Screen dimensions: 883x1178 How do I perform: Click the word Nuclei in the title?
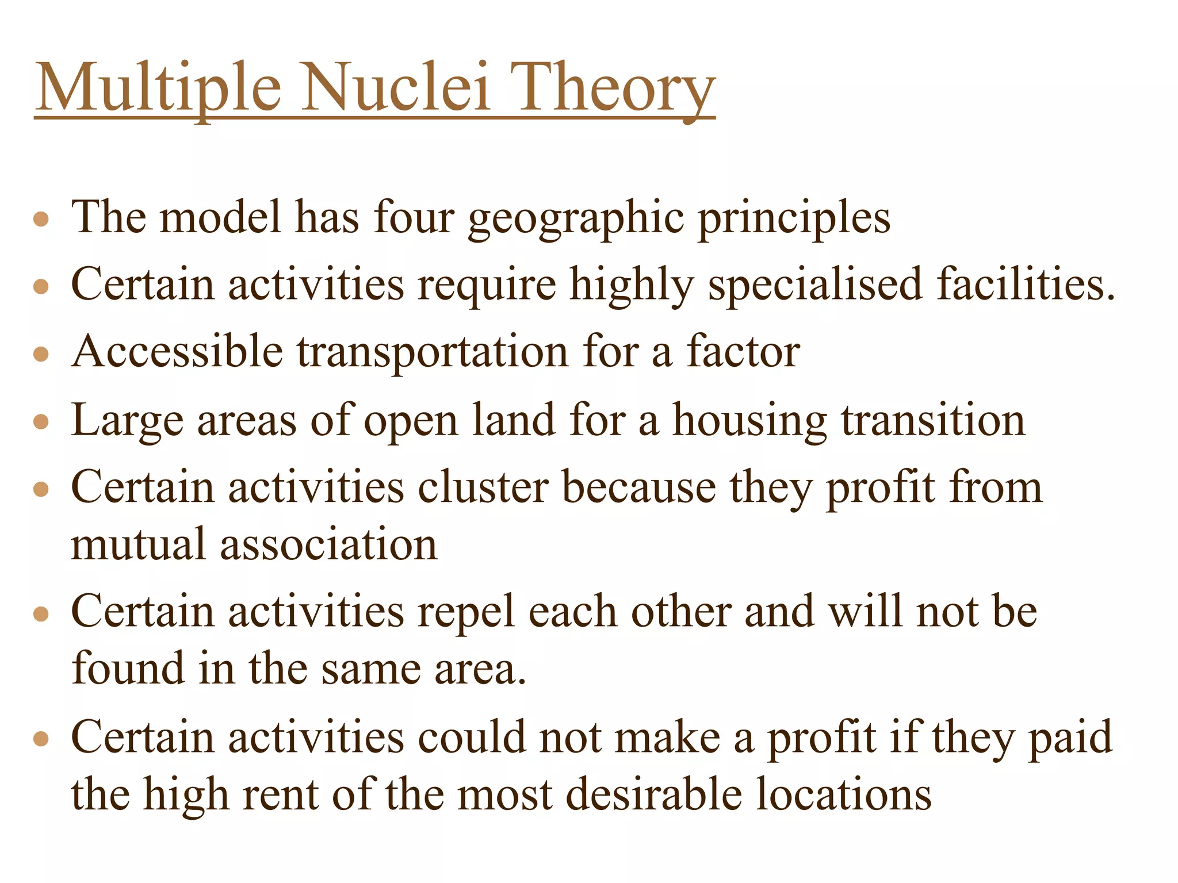[396, 87]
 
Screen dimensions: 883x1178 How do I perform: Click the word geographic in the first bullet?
[576, 218]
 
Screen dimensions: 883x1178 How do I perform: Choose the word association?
[328, 544]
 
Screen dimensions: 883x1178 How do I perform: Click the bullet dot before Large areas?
[41, 423]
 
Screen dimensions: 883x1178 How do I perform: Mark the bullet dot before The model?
[41, 219]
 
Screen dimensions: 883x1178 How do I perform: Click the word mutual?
[138, 544]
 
